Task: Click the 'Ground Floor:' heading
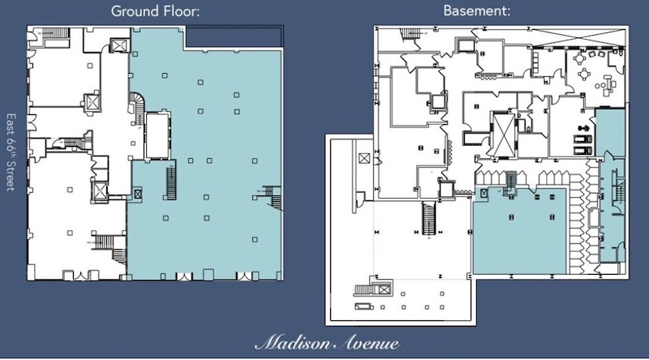click(155, 11)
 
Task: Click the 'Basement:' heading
click(477, 11)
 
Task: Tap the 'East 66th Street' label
click(11, 152)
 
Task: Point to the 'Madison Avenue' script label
click(327, 343)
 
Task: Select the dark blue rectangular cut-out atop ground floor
click(234, 36)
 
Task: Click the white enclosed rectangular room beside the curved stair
click(157, 135)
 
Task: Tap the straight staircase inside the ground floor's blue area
click(171, 182)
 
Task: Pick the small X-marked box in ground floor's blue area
click(138, 194)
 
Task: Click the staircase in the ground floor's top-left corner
click(55, 33)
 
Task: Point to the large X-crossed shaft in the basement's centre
click(504, 134)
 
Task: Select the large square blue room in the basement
click(519, 230)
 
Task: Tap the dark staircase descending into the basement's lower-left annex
click(429, 218)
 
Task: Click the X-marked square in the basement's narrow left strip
click(364, 158)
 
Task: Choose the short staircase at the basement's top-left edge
click(410, 33)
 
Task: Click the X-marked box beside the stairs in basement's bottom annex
click(385, 289)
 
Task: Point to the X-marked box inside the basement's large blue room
click(484, 193)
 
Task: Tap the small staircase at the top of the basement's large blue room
click(511, 182)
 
